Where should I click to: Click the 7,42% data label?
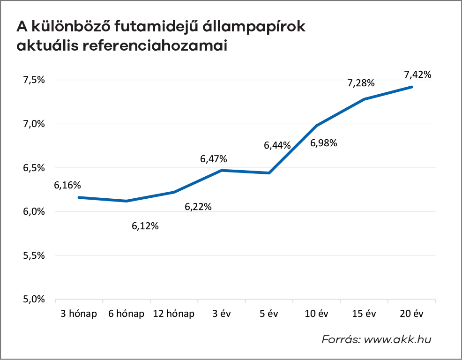tap(417, 74)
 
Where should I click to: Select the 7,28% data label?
tap(361, 83)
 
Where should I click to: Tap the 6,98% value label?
tap(324, 143)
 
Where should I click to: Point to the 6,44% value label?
tap(277, 145)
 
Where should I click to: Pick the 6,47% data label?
tap(214, 159)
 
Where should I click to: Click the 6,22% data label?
tap(198, 206)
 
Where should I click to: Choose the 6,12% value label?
tap(145, 226)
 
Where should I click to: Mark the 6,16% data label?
tap(67, 185)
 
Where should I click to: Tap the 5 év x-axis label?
tap(269, 314)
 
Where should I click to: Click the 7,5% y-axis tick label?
tap(34, 80)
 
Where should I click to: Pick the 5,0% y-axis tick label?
tap(34, 300)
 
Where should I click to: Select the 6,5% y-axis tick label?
tap(34, 168)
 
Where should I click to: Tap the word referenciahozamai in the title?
tap(154, 46)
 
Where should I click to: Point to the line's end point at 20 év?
tap(412, 87)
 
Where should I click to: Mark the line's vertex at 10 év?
tap(317, 126)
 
